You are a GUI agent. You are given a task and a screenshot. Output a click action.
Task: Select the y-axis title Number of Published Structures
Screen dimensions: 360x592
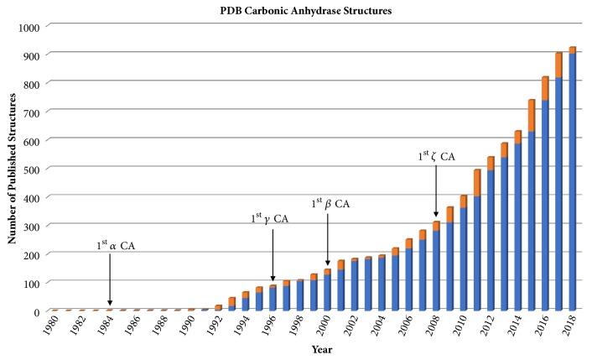tap(12, 169)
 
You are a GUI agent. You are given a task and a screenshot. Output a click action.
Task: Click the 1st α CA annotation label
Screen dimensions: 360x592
tap(114, 246)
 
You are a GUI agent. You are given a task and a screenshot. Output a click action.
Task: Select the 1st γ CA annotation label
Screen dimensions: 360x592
tap(270, 217)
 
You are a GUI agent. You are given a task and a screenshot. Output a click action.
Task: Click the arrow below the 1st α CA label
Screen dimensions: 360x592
tap(110, 281)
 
